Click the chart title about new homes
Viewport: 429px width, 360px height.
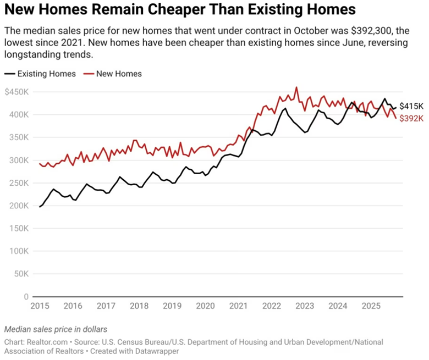pos(179,10)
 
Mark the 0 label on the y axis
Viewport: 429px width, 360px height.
pos(26,297)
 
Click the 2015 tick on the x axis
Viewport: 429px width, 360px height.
pos(40,306)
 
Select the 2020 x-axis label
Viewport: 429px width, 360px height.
pos(205,306)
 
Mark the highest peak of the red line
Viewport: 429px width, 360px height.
pos(296,87)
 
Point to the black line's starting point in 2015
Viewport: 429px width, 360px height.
pos(40,207)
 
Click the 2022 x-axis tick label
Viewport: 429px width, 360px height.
pos(271,306)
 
